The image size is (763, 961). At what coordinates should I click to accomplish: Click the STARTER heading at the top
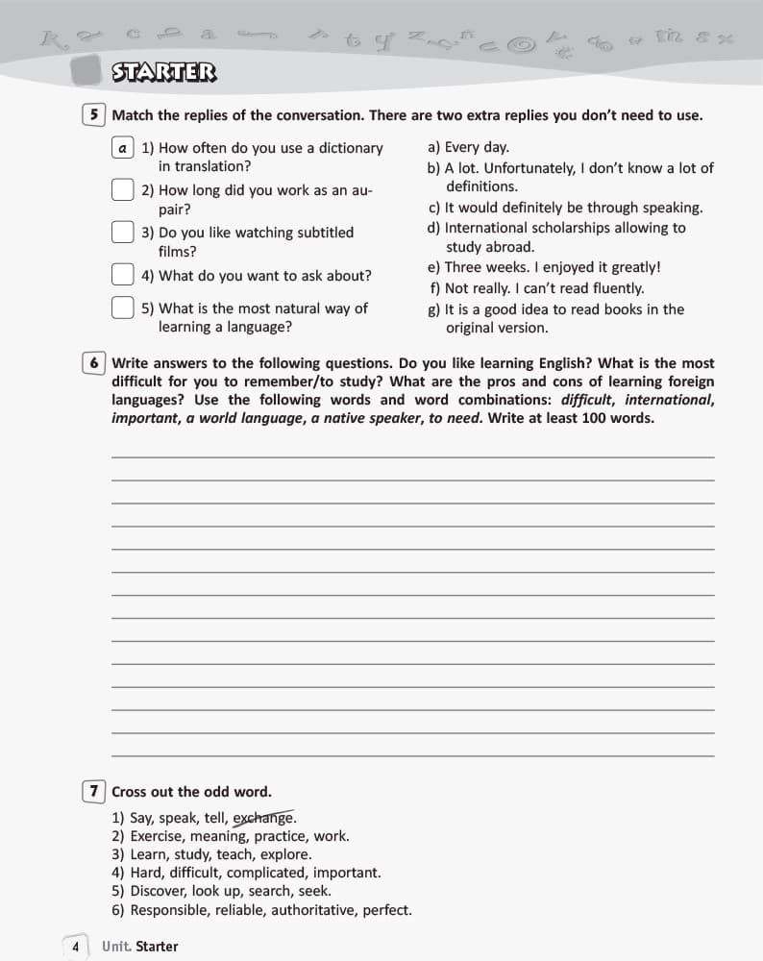[x=164, y=72]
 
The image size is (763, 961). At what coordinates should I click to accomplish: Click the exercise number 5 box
[x=94, y=115]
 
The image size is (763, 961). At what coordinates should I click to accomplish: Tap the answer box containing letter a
[x=122, y=148]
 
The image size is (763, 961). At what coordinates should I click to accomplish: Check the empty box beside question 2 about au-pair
[x=122, y=190]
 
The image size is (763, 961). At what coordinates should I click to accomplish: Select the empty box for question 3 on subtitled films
[x=122, y=233]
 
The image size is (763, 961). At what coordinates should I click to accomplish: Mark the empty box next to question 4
[x=122, y=275]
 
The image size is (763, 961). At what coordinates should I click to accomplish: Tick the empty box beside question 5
[x=122, y=308]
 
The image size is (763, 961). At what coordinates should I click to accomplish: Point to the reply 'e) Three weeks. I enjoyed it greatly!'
[x=544, y=267]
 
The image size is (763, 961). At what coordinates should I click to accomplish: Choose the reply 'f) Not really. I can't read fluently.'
[x=536, y=288]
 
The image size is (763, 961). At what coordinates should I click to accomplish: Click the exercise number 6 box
[x=94, y=363]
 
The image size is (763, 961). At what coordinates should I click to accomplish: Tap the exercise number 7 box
[x=94, y=792]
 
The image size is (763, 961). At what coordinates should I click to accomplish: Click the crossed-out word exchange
[x=263, y=819]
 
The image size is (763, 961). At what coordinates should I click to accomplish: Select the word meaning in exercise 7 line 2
[x=216, y=837]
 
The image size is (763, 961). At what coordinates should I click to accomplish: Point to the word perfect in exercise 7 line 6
[x=386, y=909]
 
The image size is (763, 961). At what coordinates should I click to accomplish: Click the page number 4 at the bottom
[x=75, y=947]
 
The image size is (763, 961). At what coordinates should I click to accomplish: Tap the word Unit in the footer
[x=116, y=947]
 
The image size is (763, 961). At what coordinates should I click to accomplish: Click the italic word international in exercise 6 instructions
[x=668, y=400]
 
